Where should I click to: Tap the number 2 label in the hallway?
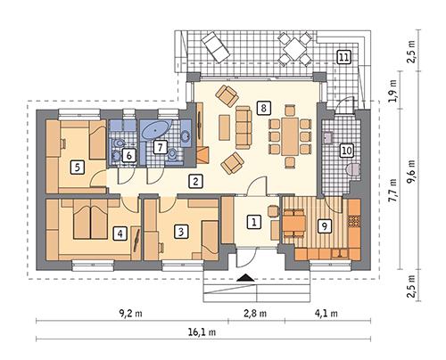(x=194, y=182)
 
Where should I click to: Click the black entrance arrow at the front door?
(x=241, y=279)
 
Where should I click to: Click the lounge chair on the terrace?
(x=214, y=42)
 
